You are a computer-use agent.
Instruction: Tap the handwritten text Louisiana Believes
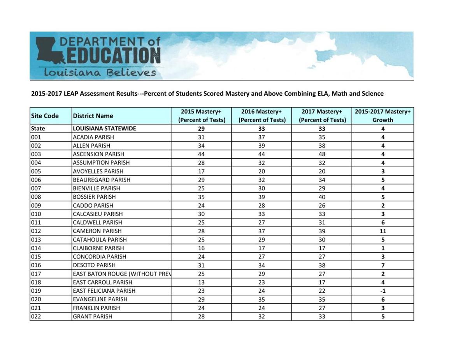[x=100, y=73]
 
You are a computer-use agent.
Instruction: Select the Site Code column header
[x=45, y=116]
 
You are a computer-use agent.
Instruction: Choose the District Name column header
[x=93, y=116]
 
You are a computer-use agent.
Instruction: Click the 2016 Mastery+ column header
[x=262, y=116]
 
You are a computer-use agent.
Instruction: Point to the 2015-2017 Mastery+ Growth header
[x=383, y=116]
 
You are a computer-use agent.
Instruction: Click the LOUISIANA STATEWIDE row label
[x=104, y=129]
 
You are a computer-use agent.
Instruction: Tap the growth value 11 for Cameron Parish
[x=383, y=231]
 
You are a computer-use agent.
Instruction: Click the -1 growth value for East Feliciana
[x=383, y=291]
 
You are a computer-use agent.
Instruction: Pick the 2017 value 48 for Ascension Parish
[x=322, y=154]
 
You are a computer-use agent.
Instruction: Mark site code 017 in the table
[x=36, y=274]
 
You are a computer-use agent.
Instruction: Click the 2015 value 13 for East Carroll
[x=201, y=282]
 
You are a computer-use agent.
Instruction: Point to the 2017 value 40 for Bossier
[x=322, y=197]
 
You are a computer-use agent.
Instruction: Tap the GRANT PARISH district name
[x=93, y=316]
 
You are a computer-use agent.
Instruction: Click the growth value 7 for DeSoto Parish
[x=383, y=266]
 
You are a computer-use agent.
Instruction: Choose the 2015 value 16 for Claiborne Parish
[x=201, y=248]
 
